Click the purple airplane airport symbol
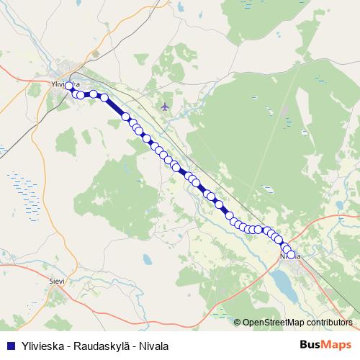click(x=166, y=107)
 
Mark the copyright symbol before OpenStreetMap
click(x=238, y=323)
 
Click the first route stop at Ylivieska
click(x=69, y=86)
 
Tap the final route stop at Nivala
click(x=292, y=254)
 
